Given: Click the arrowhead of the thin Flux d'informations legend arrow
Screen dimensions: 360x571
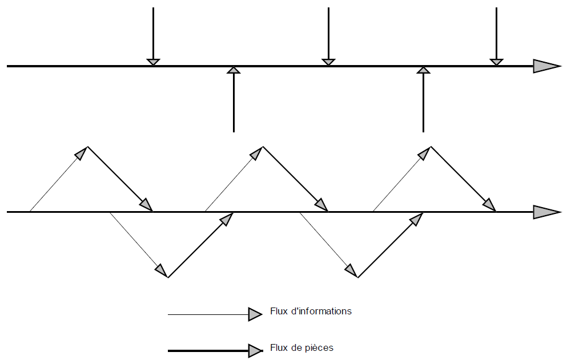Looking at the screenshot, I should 255,314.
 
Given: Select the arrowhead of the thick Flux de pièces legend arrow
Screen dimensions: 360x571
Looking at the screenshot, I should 255,350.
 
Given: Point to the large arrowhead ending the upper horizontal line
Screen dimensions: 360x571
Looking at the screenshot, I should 546,66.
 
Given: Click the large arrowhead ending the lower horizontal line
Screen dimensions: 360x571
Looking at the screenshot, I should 546,212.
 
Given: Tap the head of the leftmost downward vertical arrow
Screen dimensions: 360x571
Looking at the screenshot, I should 153,62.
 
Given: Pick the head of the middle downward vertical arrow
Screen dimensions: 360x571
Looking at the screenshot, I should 328,62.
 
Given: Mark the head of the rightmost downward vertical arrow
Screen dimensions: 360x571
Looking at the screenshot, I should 497,62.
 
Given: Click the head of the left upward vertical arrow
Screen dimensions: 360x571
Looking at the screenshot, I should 234,70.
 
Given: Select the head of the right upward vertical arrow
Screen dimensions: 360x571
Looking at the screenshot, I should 423,70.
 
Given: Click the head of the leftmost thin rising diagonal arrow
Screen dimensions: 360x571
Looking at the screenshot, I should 82,153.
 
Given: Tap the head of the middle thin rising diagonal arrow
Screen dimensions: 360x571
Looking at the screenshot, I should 257,153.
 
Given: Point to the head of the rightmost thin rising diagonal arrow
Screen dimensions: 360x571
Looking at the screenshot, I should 425,152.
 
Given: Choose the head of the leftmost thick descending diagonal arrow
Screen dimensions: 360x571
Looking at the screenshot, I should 147,205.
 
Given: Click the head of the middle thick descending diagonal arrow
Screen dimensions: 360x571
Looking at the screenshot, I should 322,205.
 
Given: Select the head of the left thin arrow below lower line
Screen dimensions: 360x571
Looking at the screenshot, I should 162,270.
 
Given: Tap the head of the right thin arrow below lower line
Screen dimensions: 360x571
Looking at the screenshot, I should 351,270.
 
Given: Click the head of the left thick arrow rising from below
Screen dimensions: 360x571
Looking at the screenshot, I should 227,219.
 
